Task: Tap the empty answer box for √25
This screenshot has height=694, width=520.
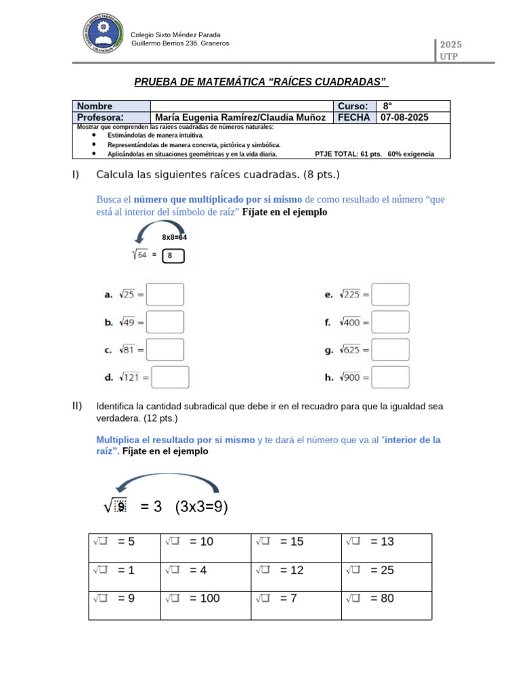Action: pyautogui.click(x=165, y=295)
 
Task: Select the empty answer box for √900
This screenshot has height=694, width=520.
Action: pyautogui.click(x=391, y=377)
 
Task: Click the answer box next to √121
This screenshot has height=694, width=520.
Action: pyautogui.click(x=170, y=377)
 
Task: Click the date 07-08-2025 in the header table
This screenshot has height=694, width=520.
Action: pyautogui.click(x=404, y=117)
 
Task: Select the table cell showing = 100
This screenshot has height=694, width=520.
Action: pyautogui.click(x=206, y=598)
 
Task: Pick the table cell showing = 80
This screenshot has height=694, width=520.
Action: pyautogui.click(x=387, y=598)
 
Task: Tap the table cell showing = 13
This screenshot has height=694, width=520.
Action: pyautogui.click(x=387, y=542)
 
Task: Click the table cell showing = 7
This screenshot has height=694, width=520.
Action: pyautogui.click(x=297, y=598)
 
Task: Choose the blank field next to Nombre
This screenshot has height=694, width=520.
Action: pyautogui.click(x=242, y=106)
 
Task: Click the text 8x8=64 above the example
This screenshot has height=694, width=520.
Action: pyautogui.click(x=174, y=237)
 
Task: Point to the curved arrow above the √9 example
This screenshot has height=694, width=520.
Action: pyautogui.click(x=167, y=482)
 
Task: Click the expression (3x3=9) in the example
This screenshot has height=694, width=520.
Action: pyautogui.click(x=201, y=507)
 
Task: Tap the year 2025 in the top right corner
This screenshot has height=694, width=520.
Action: pyautogui.click(x=450, y=45)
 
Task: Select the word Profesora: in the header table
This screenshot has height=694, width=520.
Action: pyautogui.click(x=101, y=117)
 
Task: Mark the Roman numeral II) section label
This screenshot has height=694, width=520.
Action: pyautogui.click(x=77, y=406)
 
